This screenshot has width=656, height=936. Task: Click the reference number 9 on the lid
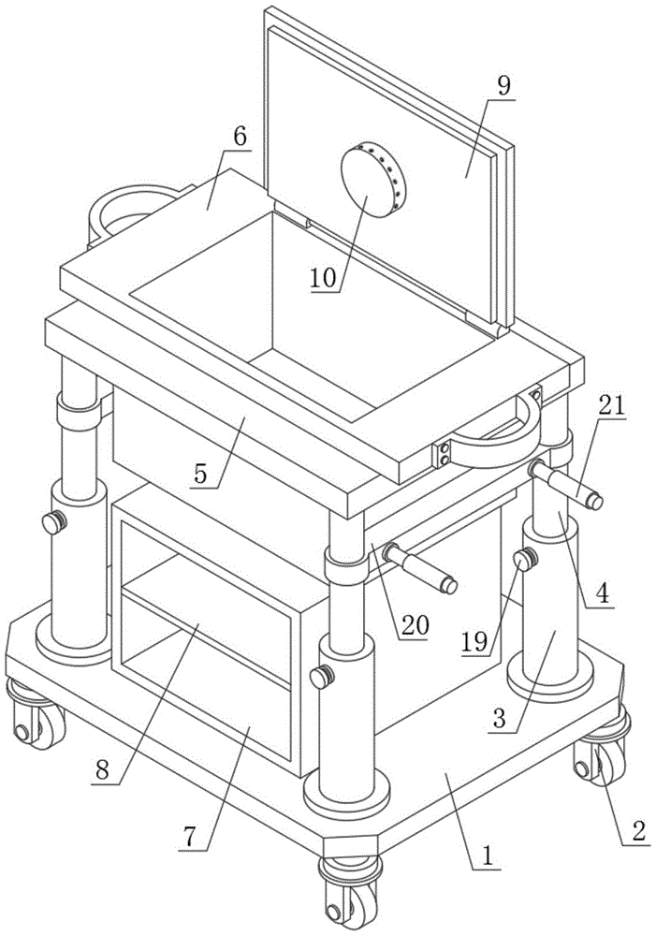tap(503, 85)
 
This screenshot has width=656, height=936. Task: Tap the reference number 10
tap(326, 278)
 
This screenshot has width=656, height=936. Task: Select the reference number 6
tap(240, 136)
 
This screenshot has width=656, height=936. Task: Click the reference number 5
tap(201, 473)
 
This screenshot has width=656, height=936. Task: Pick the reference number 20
tap(412, 623)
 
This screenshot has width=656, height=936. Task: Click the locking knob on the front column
tap(323, 675)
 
